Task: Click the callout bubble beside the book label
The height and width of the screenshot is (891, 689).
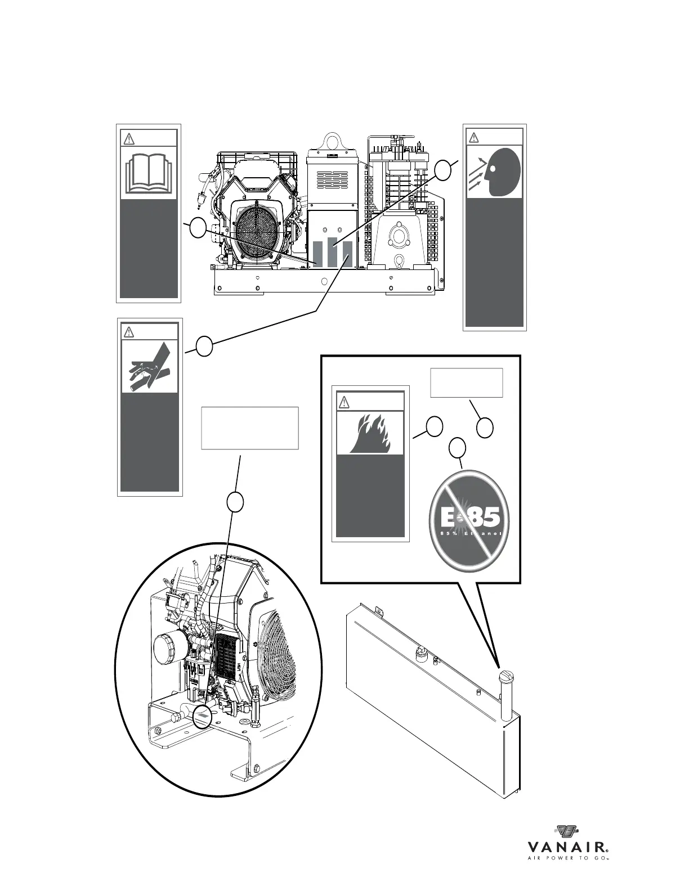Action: tap(198, 228)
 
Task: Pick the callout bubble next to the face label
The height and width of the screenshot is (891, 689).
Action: tap(444, 170)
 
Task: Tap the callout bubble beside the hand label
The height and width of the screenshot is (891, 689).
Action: tap(204, 346)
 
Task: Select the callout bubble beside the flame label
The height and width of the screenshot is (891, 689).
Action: tap(433, 427)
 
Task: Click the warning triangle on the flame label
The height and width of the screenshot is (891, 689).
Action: tap(344, 402)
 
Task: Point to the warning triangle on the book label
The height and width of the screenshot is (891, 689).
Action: tap(129, 138)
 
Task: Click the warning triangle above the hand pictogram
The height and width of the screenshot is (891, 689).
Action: tap(129, 332)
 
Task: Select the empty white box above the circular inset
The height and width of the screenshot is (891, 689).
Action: tap(249, 428)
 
